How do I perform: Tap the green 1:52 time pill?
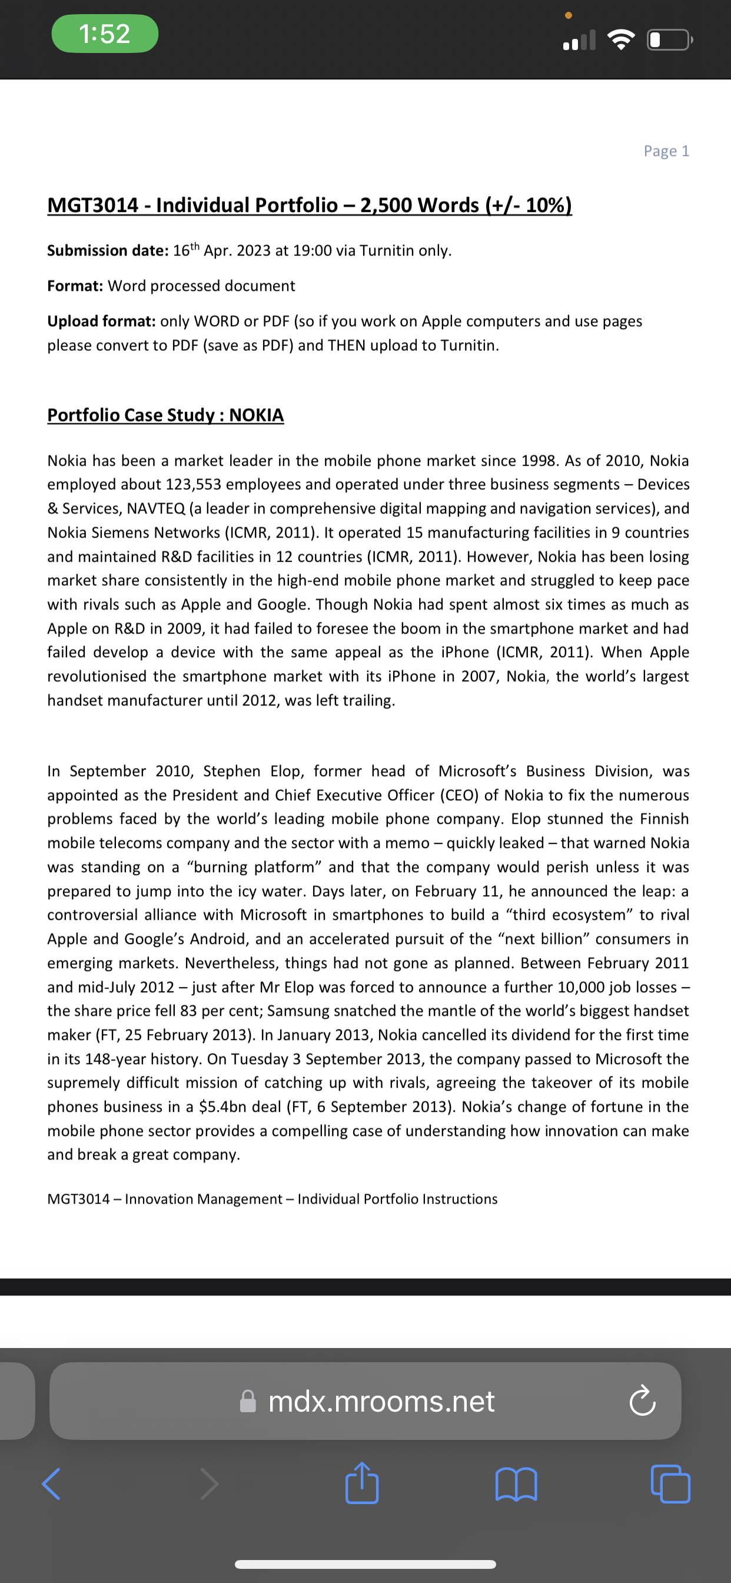(104, 33)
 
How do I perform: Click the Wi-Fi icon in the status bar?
(620, 40)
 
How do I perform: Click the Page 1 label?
(666, 151)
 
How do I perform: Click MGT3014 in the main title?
(93, 206)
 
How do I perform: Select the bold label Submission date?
(108, 251)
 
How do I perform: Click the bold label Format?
(75, 286)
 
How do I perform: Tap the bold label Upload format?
(101, 322)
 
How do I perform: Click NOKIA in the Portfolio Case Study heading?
(256, 415)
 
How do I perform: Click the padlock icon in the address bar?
(248, 1401)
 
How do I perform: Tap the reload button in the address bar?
(643, 1401)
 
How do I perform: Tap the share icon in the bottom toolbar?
(362, 1483)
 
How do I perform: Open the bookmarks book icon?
(516, 1483)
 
